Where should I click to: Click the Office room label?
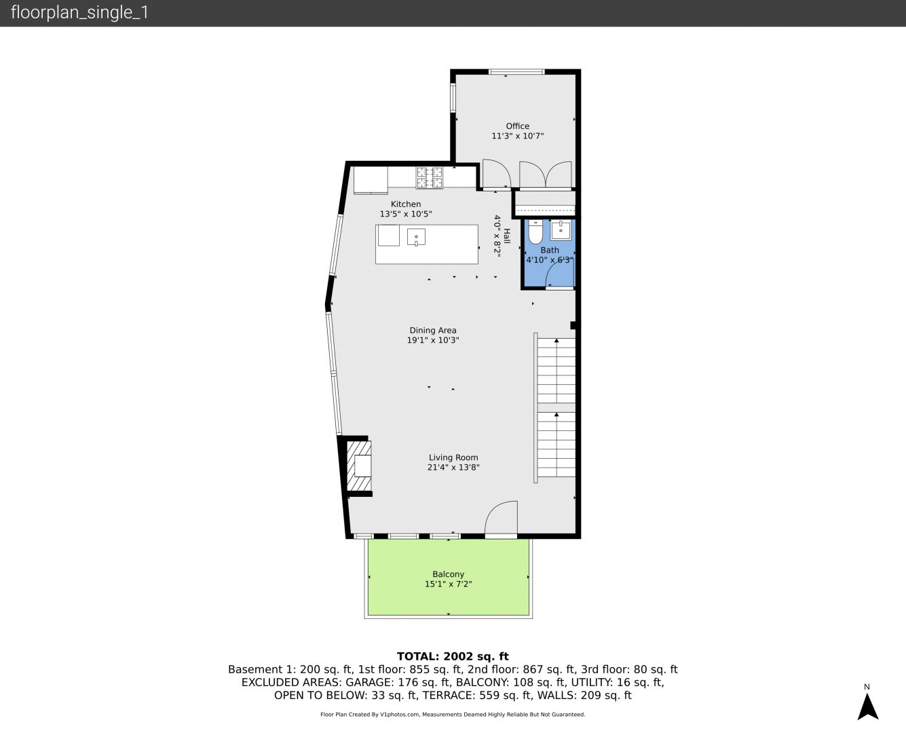(517, 126)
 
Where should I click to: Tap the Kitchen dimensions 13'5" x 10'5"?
(405, 214)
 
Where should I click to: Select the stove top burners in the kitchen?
(430, 177)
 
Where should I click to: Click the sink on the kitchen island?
(416, 237)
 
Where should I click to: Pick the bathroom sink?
(561, 230)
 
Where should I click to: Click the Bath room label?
(550, 250)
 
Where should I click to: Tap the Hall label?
(506, 236)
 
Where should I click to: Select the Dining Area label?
(432, 330)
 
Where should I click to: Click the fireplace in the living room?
(359, 466)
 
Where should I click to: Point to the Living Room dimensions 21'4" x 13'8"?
(453, 467)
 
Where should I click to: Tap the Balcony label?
(448, 574)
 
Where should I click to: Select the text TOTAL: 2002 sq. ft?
(453, 656)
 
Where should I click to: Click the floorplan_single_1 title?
(79, 12)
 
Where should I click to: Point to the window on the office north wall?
(516, 72)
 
